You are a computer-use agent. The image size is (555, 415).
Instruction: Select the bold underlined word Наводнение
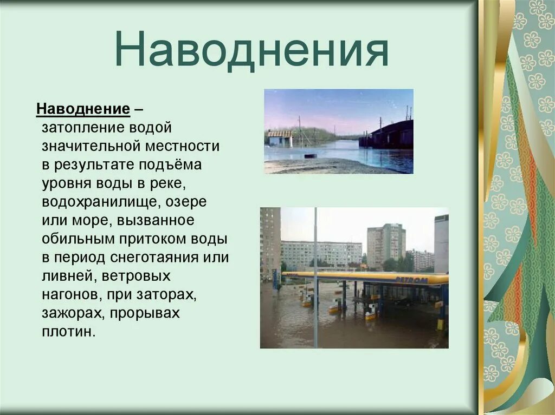83,109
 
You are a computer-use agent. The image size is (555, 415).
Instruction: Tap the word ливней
63,276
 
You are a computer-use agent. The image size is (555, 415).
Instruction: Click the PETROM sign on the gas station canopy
411,280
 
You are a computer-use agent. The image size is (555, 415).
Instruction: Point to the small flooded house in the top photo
280,138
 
